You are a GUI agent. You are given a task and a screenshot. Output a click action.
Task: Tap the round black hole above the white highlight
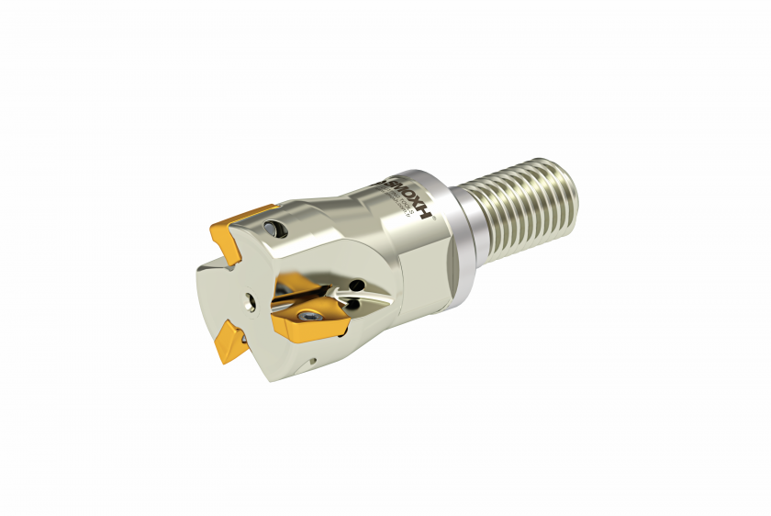[357, 286]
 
